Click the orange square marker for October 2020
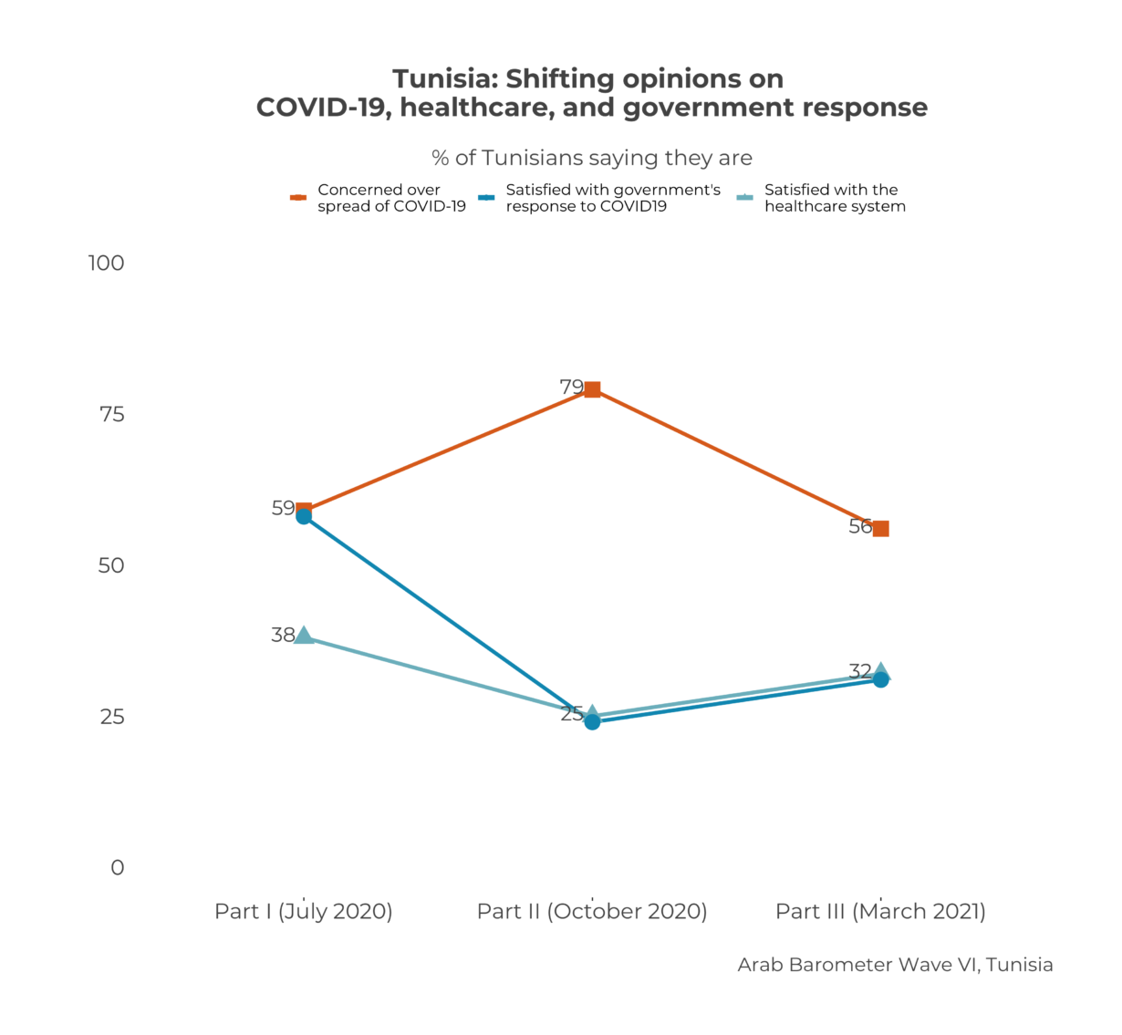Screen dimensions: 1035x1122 coord(592,389)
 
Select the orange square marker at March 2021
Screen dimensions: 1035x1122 coord(880,528)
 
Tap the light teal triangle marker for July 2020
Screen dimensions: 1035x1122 coord(304,636)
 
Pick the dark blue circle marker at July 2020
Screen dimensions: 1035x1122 coord(304,516)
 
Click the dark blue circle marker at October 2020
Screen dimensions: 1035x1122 coord(592,722)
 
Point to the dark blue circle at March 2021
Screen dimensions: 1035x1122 coord(880,679)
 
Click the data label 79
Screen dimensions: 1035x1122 coord(571,387)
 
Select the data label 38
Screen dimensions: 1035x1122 coord(283,635)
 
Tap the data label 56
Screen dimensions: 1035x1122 coord(859,526)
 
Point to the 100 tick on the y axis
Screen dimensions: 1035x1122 coord(106,263)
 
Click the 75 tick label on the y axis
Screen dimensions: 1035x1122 coord(111,414)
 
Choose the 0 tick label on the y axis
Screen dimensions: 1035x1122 coord(117,867)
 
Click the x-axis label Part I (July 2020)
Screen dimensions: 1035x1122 coord(304,911)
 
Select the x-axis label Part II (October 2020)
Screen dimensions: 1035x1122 coord(592,911)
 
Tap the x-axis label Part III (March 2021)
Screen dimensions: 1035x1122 coord(880,911)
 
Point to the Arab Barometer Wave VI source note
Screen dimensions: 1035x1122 coord(895,965)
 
